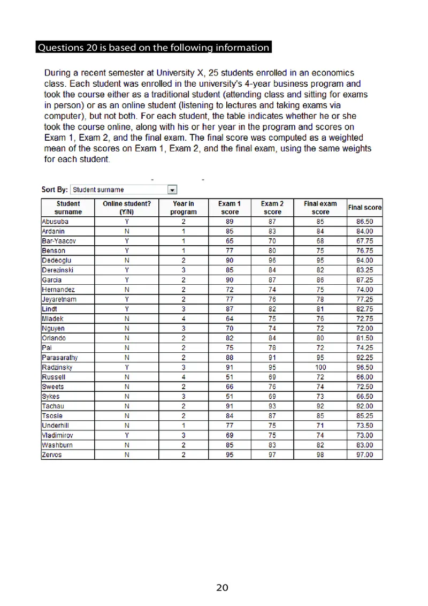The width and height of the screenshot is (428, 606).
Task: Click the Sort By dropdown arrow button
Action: [x=172, y=190]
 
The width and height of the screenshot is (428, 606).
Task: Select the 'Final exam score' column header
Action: [x=320, y=208]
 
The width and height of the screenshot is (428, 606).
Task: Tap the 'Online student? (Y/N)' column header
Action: [x=127, y=208]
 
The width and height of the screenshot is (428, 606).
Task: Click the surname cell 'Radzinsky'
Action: [x=57, y=367]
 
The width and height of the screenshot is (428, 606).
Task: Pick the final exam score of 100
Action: [x=320, y=367]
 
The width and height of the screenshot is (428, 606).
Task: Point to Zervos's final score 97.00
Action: [x=364, y=455]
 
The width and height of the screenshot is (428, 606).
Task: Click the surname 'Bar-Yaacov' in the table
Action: [x=59, y=241]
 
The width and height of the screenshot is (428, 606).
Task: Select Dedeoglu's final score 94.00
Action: [x=364, y=260]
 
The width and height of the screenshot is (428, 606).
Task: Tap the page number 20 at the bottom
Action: [x=222, y=588]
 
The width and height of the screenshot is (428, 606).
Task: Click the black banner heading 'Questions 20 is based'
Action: [x=153, y=48]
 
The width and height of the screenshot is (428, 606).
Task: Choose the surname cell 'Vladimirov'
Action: [x=58, y=435]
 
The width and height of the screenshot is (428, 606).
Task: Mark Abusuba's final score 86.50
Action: [x=364, y=222]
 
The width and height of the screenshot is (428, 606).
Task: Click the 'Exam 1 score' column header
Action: [x=230, y=208]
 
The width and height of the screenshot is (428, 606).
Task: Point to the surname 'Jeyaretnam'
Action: [x=59, y=299]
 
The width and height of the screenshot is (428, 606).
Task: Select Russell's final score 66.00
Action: [x=364, y=377]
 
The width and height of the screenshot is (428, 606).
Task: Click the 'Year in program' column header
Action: [x=184, y=208]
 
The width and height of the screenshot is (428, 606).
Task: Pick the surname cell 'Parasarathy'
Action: [x=59, y=358]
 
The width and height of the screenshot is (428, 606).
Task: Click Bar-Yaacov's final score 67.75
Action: [x=364, y=241]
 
